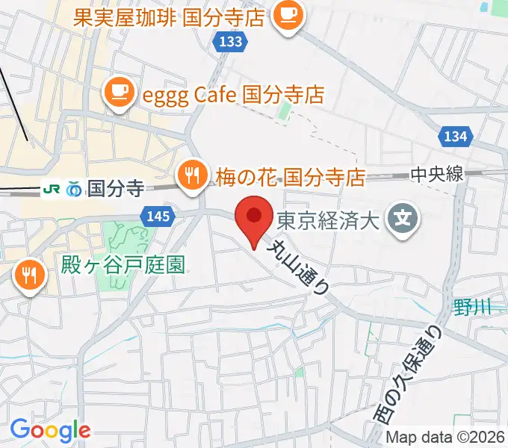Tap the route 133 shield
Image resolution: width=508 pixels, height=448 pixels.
(x=231, y=42)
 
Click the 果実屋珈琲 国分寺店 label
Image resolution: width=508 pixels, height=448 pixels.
(x=169, y=16)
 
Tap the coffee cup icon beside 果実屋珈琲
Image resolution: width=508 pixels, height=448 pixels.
(x=286, y=16)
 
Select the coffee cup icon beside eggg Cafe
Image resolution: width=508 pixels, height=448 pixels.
(x=119, y=93)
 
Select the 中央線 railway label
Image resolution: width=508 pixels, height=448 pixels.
(x=437, y=174)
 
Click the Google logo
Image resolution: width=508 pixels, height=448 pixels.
(x=50, y=429)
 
